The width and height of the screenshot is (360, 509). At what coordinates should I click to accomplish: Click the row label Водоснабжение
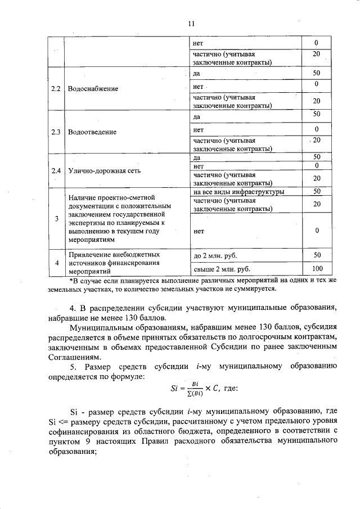point(93,89)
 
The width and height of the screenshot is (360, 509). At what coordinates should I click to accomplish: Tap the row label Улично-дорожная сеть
point(102,170)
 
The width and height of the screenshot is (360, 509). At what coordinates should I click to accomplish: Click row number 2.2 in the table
point(56,89)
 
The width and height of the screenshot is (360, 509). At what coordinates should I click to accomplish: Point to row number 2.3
point(56,132)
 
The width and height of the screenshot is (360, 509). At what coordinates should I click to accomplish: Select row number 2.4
point(56,170)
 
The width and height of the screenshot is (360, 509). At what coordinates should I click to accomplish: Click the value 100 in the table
point(317,268)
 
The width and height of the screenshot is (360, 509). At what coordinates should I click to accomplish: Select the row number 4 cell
point(56,262)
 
